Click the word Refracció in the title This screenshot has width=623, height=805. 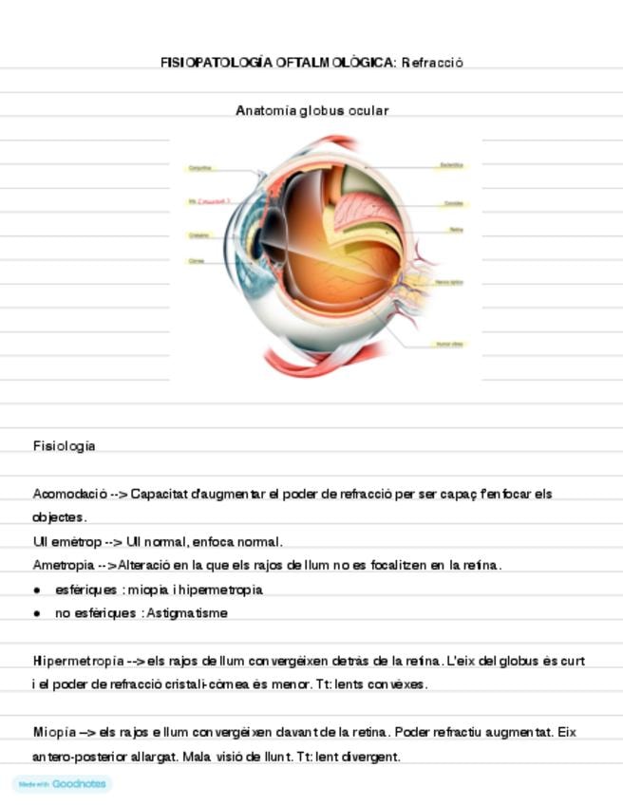point(432,63)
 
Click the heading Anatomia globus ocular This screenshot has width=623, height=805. point(311,110)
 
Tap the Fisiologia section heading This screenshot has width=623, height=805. point(64,445)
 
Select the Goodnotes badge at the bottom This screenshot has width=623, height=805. point(63,784)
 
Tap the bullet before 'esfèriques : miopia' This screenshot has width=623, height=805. point(37,590)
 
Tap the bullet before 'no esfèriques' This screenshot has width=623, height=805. point(37,613)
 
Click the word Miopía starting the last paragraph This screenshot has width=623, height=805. point(54,733)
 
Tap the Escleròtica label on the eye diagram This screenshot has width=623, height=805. point(451,165)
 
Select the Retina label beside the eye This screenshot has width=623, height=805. point(456,230)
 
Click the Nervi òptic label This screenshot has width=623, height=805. point(449,282)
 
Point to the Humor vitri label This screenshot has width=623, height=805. point(449,344)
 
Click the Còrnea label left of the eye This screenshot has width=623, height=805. point(197,260)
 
